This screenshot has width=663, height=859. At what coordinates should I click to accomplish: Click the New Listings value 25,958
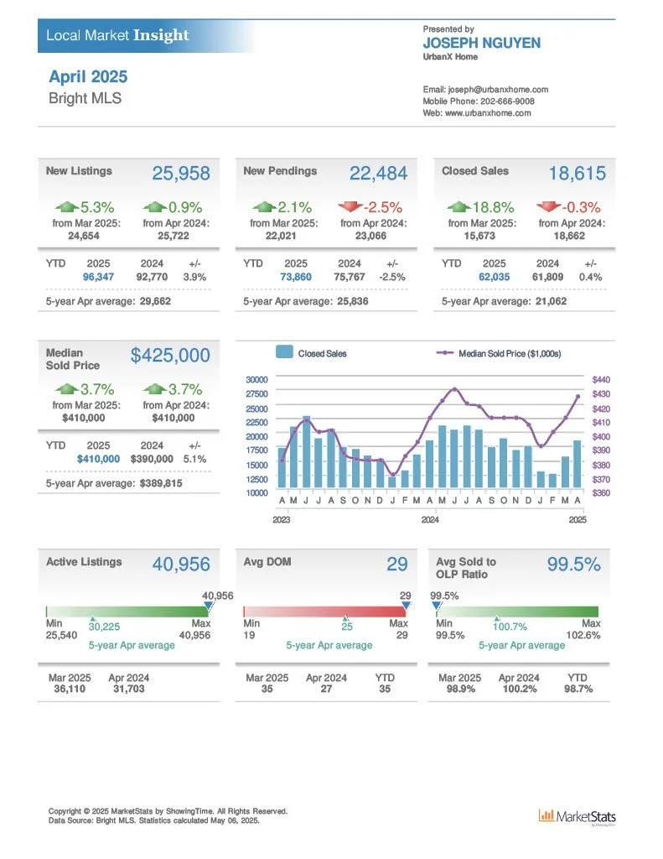point(181,173)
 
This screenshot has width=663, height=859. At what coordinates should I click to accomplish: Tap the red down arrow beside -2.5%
point(350,206)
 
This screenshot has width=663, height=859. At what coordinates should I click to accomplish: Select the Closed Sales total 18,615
point(577,173)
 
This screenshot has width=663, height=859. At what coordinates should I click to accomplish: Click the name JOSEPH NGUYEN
point(482,44)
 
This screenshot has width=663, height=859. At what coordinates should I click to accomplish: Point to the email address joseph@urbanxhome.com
point(498,89)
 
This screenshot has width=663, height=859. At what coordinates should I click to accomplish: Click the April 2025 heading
point(88,76)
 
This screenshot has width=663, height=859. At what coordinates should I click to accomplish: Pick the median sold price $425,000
point(170,355)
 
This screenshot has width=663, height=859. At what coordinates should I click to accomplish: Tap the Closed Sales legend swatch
point(284,351)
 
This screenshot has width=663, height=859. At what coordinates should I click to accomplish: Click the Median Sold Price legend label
point(510,354)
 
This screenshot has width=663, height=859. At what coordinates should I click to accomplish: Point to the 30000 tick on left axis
point(256,380)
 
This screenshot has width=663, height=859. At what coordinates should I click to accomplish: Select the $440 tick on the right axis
point(601,380)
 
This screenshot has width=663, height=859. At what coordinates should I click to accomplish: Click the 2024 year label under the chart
point(430,519)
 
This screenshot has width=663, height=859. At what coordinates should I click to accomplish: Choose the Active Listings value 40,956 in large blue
point(181,565)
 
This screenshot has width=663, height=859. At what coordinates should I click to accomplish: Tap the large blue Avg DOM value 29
point(397,565)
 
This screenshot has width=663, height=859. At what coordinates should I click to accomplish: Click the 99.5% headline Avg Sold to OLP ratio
point(574,565)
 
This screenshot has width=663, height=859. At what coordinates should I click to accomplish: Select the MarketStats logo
point(577,817)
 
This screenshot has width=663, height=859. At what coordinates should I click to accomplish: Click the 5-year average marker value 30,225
point(104,627)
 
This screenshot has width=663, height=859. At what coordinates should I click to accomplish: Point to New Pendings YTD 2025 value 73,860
point(296,277)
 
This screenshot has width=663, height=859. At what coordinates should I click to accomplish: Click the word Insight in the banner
point(161,35)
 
